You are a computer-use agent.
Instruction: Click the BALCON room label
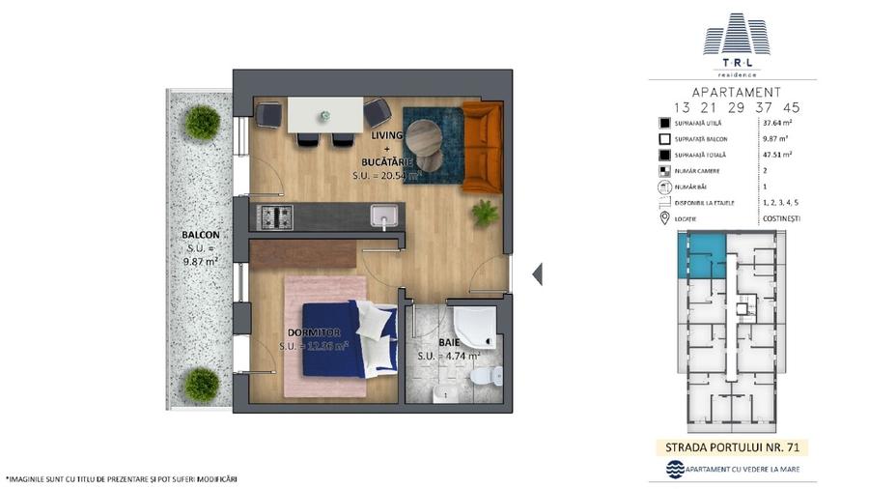coord(200,235)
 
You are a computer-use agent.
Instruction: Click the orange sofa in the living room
coord(481,146)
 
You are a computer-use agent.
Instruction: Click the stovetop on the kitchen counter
coord(276,216)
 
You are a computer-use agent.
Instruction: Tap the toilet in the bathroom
coord(495,378)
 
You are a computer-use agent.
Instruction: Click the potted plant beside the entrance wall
coord(485,212)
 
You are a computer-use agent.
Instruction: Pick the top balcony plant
coord(203,122)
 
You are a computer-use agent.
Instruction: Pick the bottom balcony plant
coord(203,384)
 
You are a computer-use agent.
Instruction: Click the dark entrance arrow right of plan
coord(537,274)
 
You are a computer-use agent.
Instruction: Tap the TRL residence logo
coord(737,43)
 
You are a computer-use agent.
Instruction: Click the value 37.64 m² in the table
coord(778,124)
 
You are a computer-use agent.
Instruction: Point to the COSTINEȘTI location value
coord(781,218)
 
